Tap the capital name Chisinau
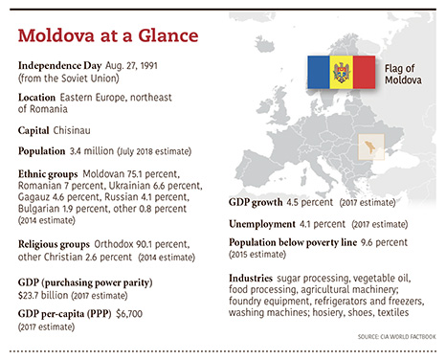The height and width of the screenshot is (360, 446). point(84,129)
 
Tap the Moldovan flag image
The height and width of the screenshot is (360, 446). point(341,72)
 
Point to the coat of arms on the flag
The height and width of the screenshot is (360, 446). point(341,72)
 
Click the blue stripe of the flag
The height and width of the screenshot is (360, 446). point(318,72)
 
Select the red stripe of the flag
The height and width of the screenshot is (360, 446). point(365,72)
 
